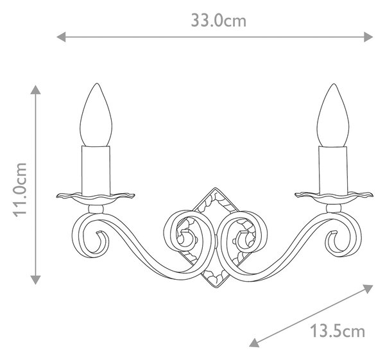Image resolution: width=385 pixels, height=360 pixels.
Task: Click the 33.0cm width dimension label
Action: click(219, 21)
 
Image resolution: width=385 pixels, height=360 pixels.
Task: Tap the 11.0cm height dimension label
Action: click(20, 190)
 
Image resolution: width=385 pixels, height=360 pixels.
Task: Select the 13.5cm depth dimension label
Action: click(338, 330)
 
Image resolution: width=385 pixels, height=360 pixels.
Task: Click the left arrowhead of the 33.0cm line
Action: click(61, 37)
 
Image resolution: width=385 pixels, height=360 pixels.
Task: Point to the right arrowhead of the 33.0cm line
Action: click(368, 37)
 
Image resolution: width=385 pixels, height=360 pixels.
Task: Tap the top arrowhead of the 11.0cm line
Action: click(35, 90)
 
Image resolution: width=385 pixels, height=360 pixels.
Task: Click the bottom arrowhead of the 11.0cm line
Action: click(35, 280)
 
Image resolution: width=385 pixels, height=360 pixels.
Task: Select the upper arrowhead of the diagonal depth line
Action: click(368, 288)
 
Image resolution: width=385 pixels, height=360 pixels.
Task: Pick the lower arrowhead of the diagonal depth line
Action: click(253, 343)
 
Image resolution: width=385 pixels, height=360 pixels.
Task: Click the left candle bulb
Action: click(96, 115)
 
